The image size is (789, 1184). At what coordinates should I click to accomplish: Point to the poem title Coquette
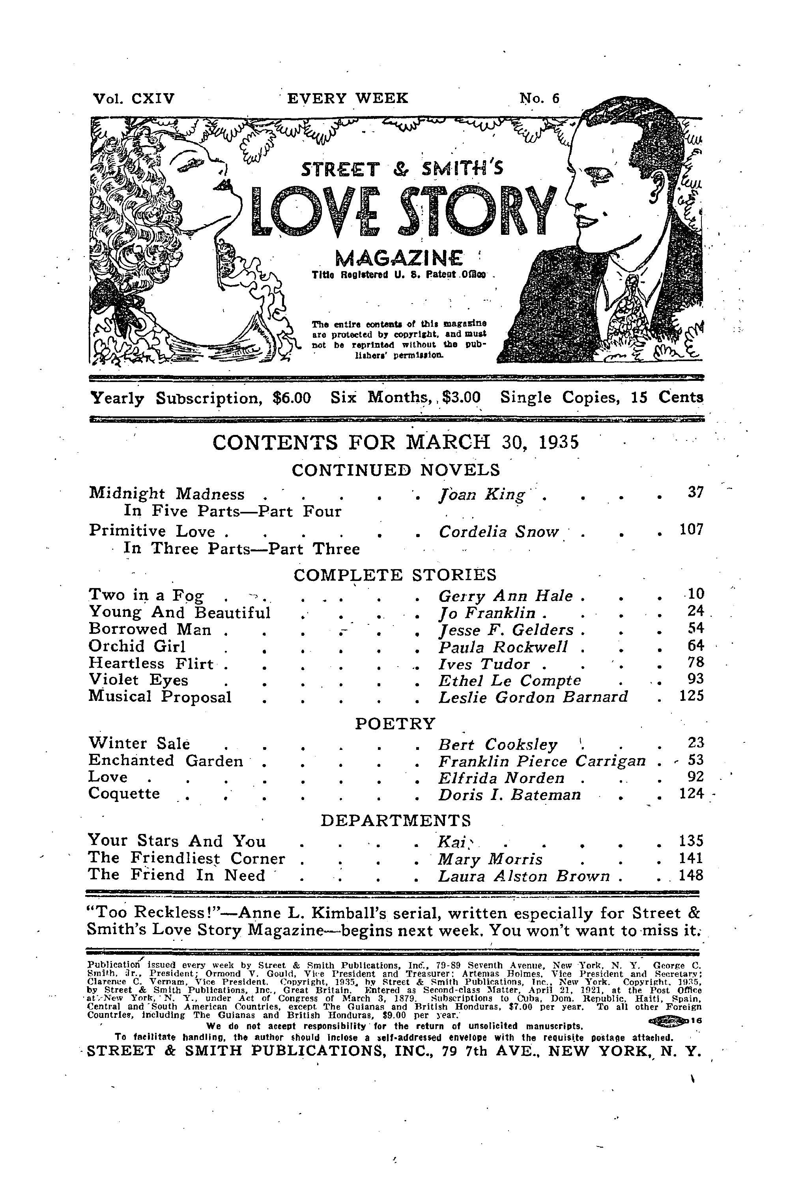(x=124, y=794)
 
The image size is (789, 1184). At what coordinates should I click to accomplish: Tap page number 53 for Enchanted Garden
(x=694, y=760)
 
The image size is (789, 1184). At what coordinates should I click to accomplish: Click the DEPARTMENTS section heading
(x=396, y=821)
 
